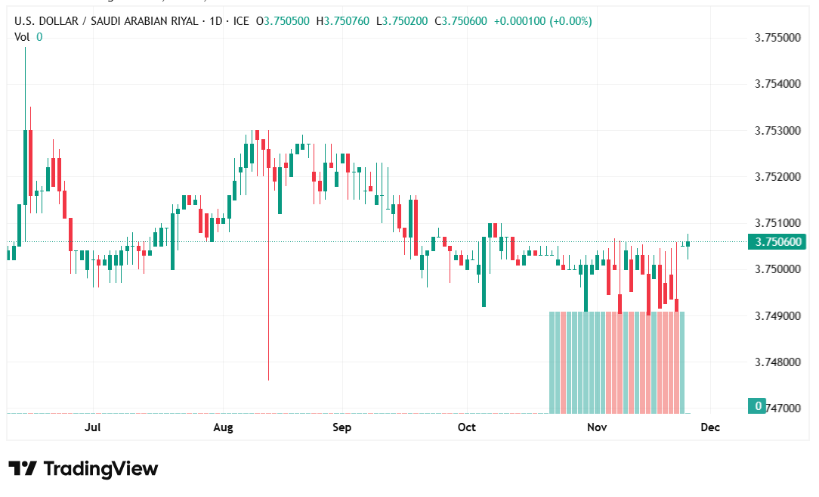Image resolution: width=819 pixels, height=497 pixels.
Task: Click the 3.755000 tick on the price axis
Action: click(777, 37)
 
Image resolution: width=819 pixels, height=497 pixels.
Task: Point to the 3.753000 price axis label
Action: click(777, 130)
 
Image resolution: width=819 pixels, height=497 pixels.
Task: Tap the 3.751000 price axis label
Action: click(777, 223)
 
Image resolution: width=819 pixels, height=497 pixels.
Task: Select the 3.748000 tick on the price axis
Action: click(777, 362)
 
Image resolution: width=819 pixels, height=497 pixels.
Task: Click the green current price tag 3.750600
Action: click(777, 242)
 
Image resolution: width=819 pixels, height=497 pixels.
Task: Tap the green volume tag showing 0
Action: click(756, 406)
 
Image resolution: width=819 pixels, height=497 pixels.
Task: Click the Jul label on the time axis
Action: click(93, 427)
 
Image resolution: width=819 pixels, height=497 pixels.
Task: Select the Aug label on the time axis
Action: click(223, 427)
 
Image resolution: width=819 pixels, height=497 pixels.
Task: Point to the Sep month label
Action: click(342, 427)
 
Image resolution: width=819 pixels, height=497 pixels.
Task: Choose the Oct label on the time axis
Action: click(467, 427)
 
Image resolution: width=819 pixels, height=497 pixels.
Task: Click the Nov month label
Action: click(598, 427)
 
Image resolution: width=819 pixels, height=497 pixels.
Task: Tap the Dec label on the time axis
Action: click(710, 427)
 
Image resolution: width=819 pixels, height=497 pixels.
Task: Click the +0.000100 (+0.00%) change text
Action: click(542, 21)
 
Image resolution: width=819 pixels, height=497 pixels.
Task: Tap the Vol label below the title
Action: click(23, 36)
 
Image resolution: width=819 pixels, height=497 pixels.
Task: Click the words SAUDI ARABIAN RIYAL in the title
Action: click(144, 21)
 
